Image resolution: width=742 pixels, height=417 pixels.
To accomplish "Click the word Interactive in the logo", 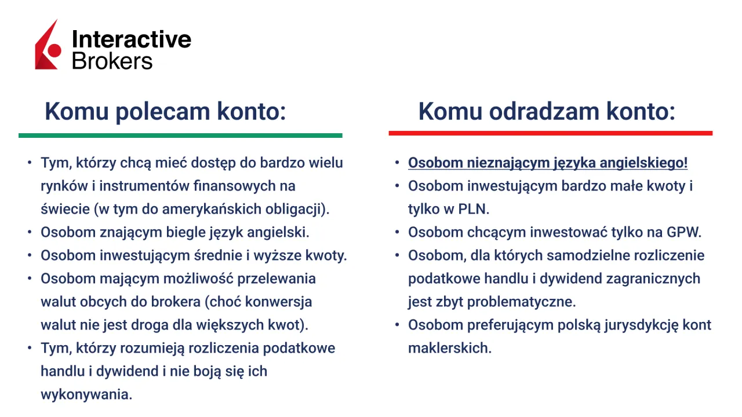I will (x=131, y=39).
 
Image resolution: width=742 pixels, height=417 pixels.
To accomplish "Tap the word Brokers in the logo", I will (x=112, y=60).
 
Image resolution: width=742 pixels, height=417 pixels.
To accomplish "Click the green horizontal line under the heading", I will (x=180, y=136).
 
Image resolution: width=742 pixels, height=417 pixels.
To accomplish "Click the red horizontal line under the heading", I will (x=550, y=133).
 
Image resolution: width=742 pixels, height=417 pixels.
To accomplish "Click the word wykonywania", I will (x=86, y=394).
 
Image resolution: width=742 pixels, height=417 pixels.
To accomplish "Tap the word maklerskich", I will (x=449, y=348).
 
